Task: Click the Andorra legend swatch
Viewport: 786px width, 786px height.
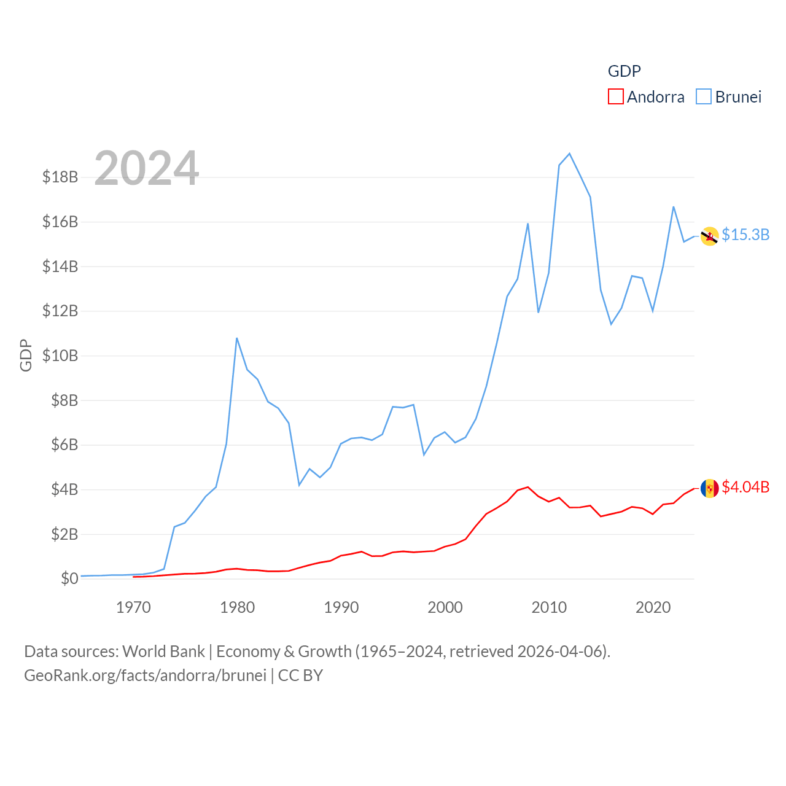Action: [615, 97]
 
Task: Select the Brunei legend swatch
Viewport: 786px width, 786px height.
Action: [704, 97]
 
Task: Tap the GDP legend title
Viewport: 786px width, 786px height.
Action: [624, 71]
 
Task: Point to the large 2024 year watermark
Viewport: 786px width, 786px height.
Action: [146, 168]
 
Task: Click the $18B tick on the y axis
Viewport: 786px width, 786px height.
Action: [60, 177]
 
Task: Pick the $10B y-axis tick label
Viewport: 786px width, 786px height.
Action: [60, 356]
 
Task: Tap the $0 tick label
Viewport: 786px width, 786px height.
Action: [69, 578]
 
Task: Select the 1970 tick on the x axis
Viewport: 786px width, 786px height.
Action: [133, 608]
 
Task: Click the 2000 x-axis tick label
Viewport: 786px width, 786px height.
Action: [445, 608]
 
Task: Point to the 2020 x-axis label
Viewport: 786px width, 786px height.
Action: [653, 608]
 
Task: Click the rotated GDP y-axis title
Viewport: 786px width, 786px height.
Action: [26, 355]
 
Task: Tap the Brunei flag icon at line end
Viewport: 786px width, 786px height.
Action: [709, 236]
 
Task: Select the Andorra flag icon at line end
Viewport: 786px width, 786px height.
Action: [709, 488]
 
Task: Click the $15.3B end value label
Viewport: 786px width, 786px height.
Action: [745, 235]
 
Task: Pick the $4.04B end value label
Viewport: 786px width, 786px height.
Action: [745, 487]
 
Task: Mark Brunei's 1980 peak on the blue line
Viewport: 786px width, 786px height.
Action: [237, 338]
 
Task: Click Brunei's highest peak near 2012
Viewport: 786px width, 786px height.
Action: [570, 154]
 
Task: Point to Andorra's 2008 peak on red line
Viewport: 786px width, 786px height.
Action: [528, 487]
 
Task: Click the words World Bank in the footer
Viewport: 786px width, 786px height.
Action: [163, 652]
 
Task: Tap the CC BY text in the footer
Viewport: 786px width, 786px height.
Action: [300, 675]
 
